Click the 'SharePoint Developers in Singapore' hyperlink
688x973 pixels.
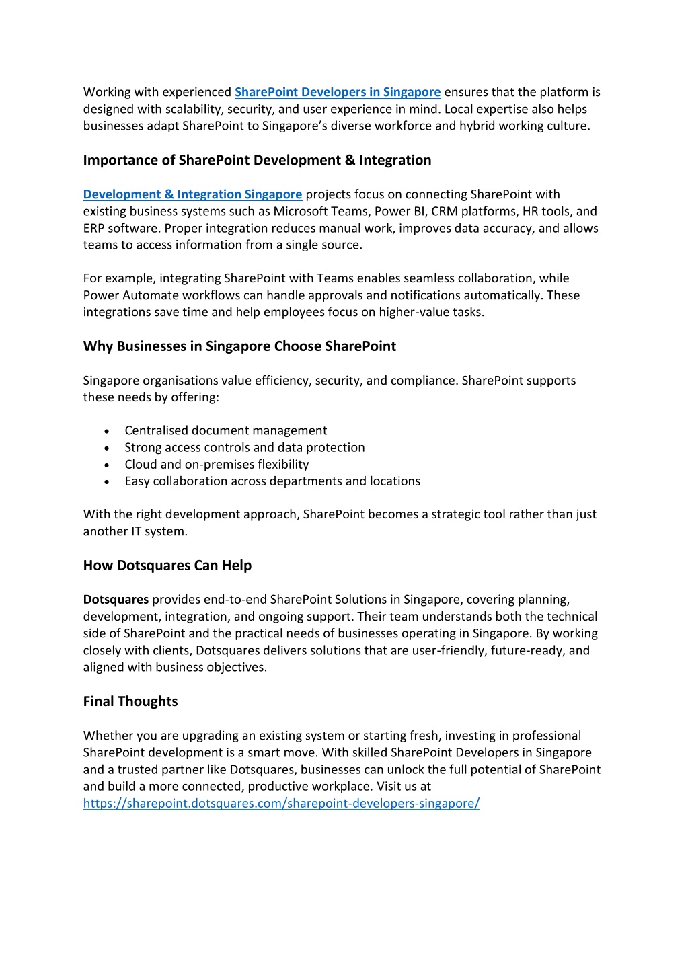[338, 92]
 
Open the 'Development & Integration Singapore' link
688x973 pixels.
[192, 194]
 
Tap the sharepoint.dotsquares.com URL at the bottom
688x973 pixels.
[281, 803]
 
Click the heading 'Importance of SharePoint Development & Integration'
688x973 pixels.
[257, 160]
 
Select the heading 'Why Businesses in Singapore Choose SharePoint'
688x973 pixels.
[239, 346]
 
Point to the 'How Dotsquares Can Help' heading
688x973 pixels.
[167, 566]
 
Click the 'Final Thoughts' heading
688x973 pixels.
[130, 701]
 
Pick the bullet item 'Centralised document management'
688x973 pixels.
[225, 430]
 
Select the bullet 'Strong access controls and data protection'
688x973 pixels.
[244, 447]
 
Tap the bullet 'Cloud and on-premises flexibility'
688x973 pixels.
[217, 464]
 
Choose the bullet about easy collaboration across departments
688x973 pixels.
[272, 481]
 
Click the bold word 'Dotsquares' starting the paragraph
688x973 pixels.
[116, 599]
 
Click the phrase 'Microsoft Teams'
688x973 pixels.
[319, 211]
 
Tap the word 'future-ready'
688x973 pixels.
[527, 650]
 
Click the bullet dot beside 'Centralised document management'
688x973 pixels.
[107, 431]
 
